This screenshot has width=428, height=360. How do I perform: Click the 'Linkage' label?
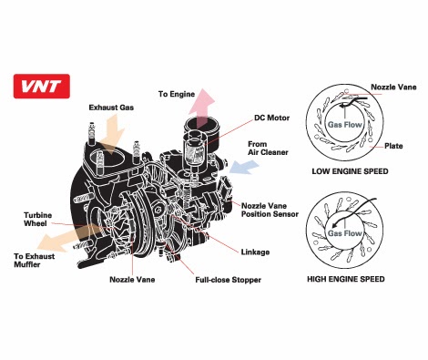[x=255, y=251]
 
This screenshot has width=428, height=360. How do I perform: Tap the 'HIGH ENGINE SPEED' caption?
[x=347, y=277]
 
